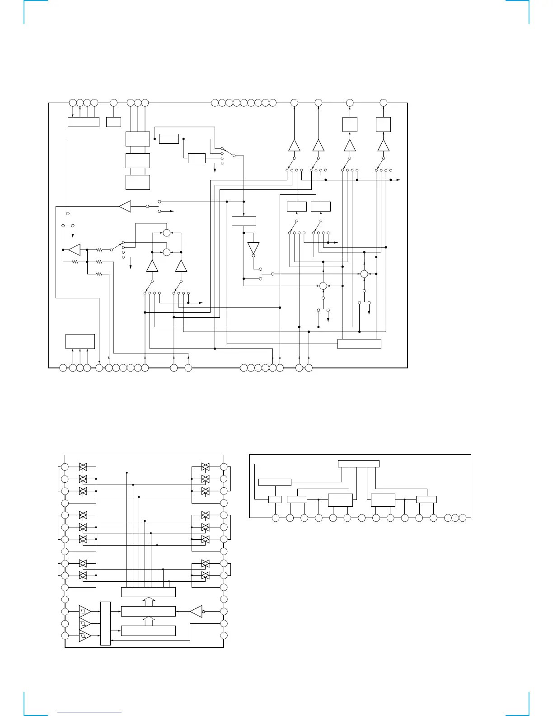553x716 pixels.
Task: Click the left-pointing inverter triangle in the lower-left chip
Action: pyautogui.click(x=195, y=612)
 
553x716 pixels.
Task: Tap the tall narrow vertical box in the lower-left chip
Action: pyautogui.click(x=105, y=623)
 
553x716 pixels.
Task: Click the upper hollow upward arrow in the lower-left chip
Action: pyautogui.click(x=148, y=602)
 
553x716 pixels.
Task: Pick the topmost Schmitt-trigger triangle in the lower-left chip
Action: pyautogui.click(x=84, y=611)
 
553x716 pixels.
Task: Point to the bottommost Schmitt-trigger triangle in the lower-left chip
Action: pyautogui.click(x=84, y=636)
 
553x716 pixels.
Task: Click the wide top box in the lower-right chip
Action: pyautogui.click(x=359, y=463)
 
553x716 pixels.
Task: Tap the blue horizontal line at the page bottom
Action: pyautogui.click(x=90, y=711)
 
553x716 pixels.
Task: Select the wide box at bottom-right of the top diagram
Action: pyautogui.click(x=359, y=344)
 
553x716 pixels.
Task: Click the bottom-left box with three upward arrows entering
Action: pyautogui.click(x=80, y=341)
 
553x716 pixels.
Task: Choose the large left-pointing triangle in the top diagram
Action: pyautogui.click(x=125, y=206)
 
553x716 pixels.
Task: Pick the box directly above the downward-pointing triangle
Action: pyautogui.click(x=244, y=221)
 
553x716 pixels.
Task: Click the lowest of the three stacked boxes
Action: pyautogui.click(x=137, y=182)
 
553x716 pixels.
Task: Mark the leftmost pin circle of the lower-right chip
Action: pyautogui.click(x=276, y=518)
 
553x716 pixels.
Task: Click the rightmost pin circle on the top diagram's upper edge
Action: pyautogui.click(x=383, y=103)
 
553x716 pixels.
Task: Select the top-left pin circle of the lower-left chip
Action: pyautogui.click(x=65, y=467)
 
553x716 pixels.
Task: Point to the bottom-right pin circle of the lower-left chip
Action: pyautogui.click(x=224, y=636)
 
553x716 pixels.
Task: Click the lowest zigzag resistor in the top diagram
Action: pyautogui.click(x=99, y=274)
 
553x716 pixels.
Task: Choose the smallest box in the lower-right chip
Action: pyautogui.click(x=275, y=499)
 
